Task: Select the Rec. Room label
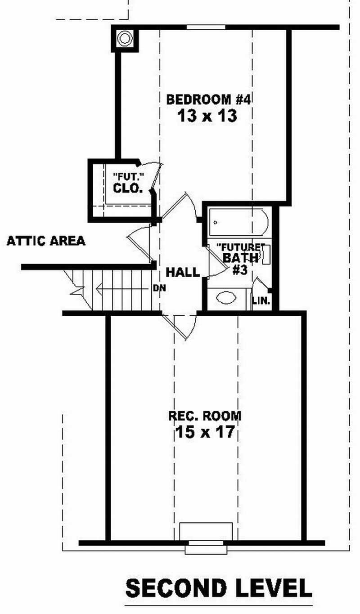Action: pos(205,416)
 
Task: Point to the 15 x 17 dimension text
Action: pos(204,433)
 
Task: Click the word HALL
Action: pos(183,272)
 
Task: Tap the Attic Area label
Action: pos(46,241)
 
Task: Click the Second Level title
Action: pos(219,588)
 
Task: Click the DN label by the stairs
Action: pos(159,288)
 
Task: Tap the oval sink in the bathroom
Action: pos(226,298)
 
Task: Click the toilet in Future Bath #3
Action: pos(266,255)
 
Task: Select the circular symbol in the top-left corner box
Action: pos(125,38)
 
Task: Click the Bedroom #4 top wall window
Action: pos(206,27)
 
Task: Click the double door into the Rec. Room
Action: pos(180,325)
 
